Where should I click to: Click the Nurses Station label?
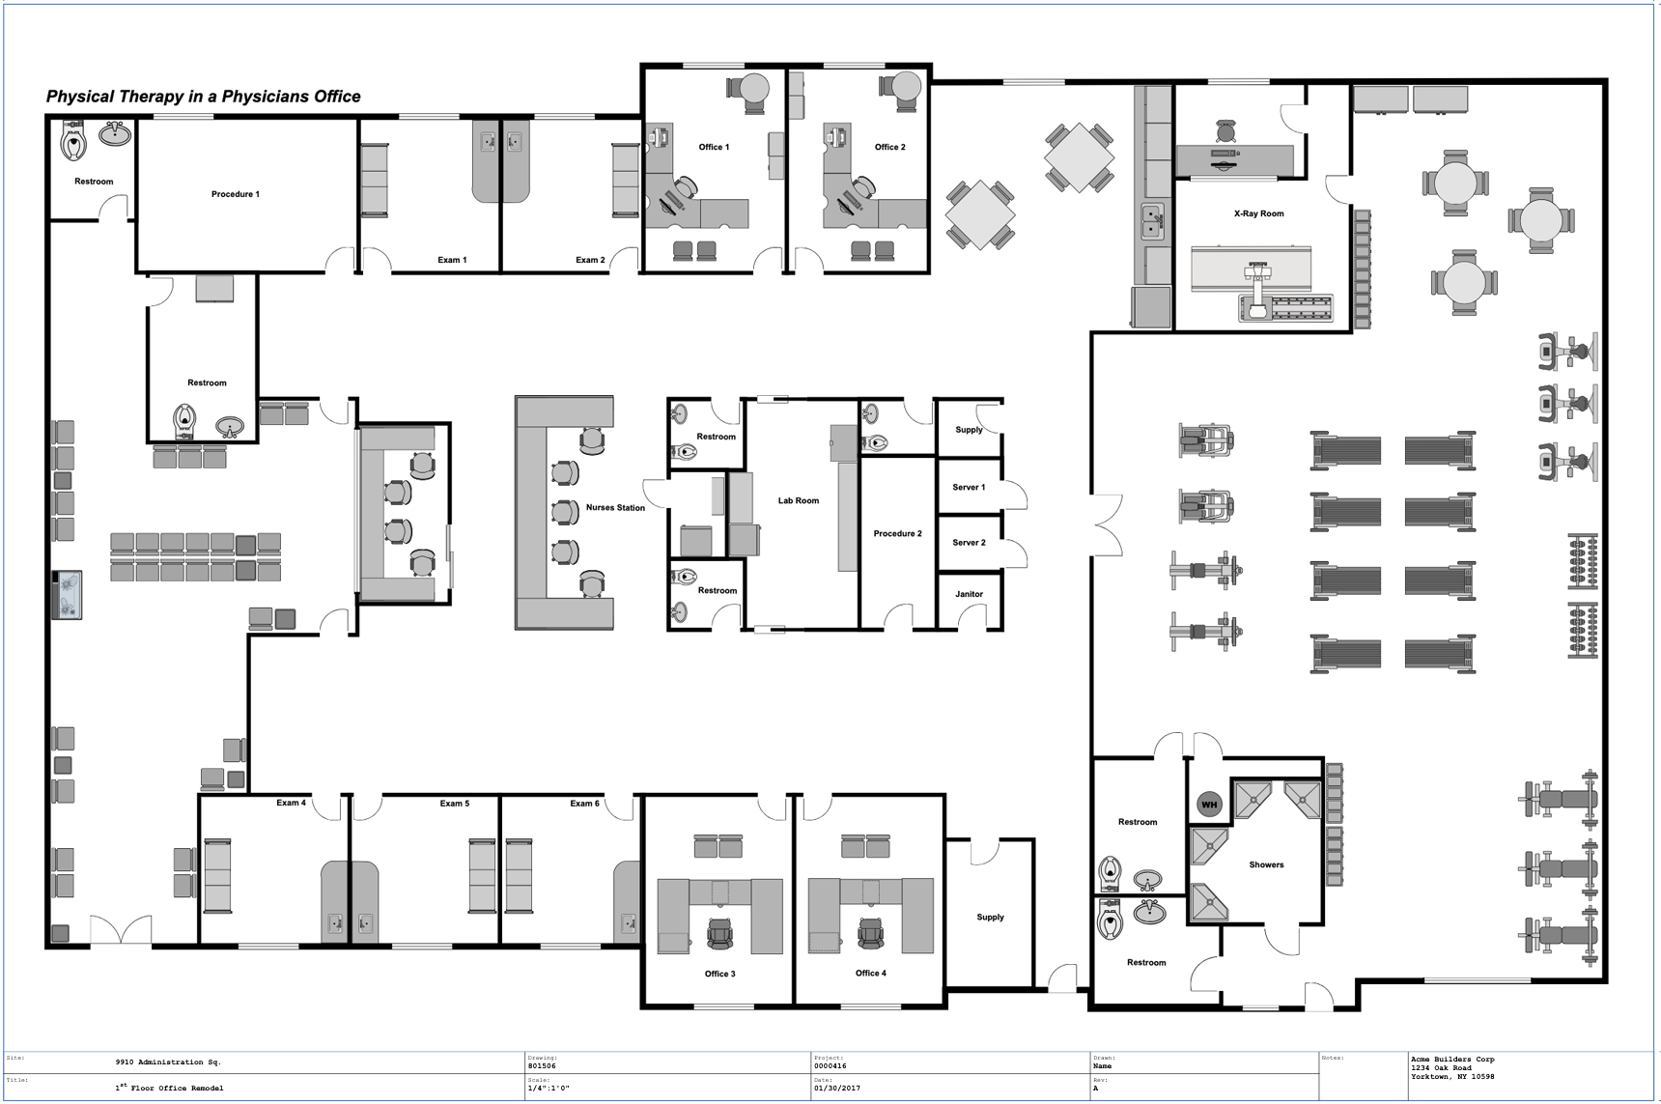pos(615,507)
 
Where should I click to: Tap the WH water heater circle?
pos(1209,804)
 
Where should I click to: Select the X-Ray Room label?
pos(1258,213)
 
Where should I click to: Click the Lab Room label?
pos(798,500)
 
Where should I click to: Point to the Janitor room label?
pos(969,594)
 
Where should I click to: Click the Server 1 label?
pos(969,487)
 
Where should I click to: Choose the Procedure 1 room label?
pos(236,194)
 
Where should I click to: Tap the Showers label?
pos(1265,864)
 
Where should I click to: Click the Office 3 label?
pos(719,974)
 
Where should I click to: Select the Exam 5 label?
pos(454,804)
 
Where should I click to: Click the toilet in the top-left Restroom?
pos(74,142)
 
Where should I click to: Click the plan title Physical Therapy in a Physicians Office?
pos(204,97)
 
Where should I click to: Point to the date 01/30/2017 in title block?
pos(836,1088)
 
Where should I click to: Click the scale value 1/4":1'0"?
pos(549,1088)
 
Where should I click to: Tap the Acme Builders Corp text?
pos(1451,1060)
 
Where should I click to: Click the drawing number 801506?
pos(542,1066)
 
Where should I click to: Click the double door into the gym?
pos(1108,525)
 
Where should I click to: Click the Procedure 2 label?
pos(897,533)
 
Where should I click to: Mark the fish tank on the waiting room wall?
pos(68,594)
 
